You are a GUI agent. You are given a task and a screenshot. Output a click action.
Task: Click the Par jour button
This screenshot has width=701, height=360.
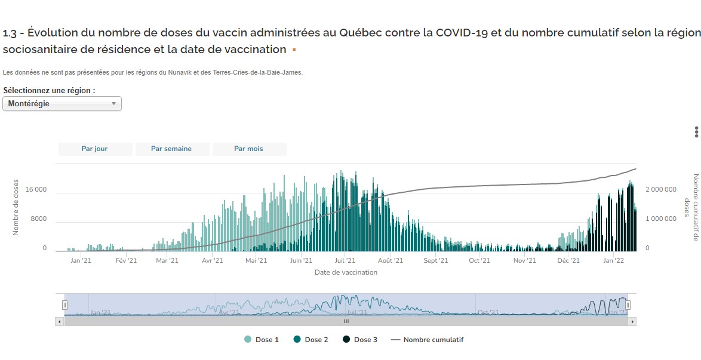(x=95, y=149)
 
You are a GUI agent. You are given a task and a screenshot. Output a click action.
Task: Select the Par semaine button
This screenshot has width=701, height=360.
(x=171, y=149)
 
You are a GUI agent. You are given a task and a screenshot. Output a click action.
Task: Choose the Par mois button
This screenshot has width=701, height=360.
(x=248, y=149)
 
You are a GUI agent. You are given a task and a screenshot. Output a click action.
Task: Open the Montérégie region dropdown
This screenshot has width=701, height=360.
(x=62, y=104)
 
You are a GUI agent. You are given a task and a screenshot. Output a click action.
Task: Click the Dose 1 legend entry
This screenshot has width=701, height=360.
(x=262, y=340)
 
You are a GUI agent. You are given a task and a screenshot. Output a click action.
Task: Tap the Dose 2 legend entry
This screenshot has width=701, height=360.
(x=311, y=340)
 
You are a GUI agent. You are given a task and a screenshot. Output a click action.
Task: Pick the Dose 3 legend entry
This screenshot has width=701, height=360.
(x=360, y=340)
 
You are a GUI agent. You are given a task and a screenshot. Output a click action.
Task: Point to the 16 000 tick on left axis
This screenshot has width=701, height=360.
(x=35, y=190)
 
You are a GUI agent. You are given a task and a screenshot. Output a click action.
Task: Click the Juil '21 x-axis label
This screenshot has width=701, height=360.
(x=345, y=260)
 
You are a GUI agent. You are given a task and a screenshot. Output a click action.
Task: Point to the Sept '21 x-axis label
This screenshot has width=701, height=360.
(x=435, y=260)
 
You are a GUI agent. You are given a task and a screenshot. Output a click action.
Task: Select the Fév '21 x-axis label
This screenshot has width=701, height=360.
(x=126, y=260)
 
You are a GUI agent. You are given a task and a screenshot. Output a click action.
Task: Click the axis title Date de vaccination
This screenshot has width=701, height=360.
(x=346, y=272)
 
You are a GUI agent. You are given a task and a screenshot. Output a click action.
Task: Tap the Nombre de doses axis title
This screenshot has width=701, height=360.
(x=16, y=207)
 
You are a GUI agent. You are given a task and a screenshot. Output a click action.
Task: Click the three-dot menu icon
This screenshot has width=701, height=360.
(x=696, y=132)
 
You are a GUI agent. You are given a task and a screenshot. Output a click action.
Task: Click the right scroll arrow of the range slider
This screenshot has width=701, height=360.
(x=633, y=321)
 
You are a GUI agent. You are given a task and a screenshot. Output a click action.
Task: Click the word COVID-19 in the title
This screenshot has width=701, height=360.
(x=462, y=32)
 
